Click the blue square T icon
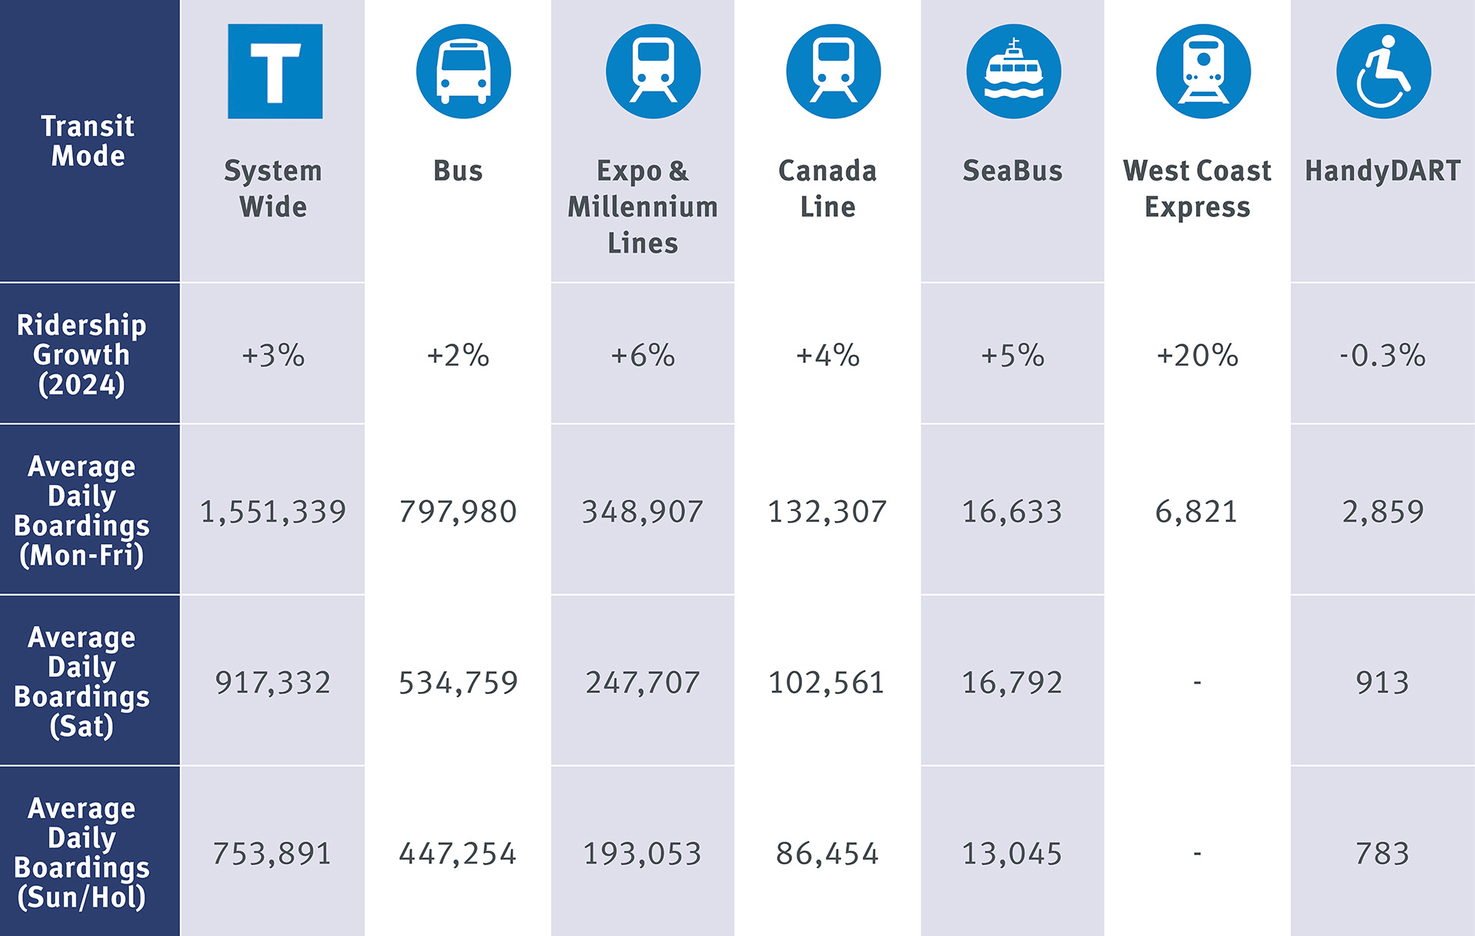275,71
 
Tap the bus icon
463,71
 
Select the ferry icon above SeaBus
1013,71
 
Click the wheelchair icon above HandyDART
1383,71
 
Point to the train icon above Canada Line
833,71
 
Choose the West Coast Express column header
1197,189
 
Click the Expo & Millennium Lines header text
643,207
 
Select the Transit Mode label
88,141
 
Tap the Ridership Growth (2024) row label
82,354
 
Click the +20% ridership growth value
1197,355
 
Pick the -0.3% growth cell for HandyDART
1382,355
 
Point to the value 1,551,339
273,512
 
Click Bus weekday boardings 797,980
458,512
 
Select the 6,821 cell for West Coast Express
1196,512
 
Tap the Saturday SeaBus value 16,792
1012,682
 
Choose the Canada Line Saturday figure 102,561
827,682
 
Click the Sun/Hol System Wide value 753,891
272,854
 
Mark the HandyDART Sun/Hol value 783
1382,854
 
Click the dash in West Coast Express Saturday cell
1197,682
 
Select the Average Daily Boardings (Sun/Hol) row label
82,852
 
